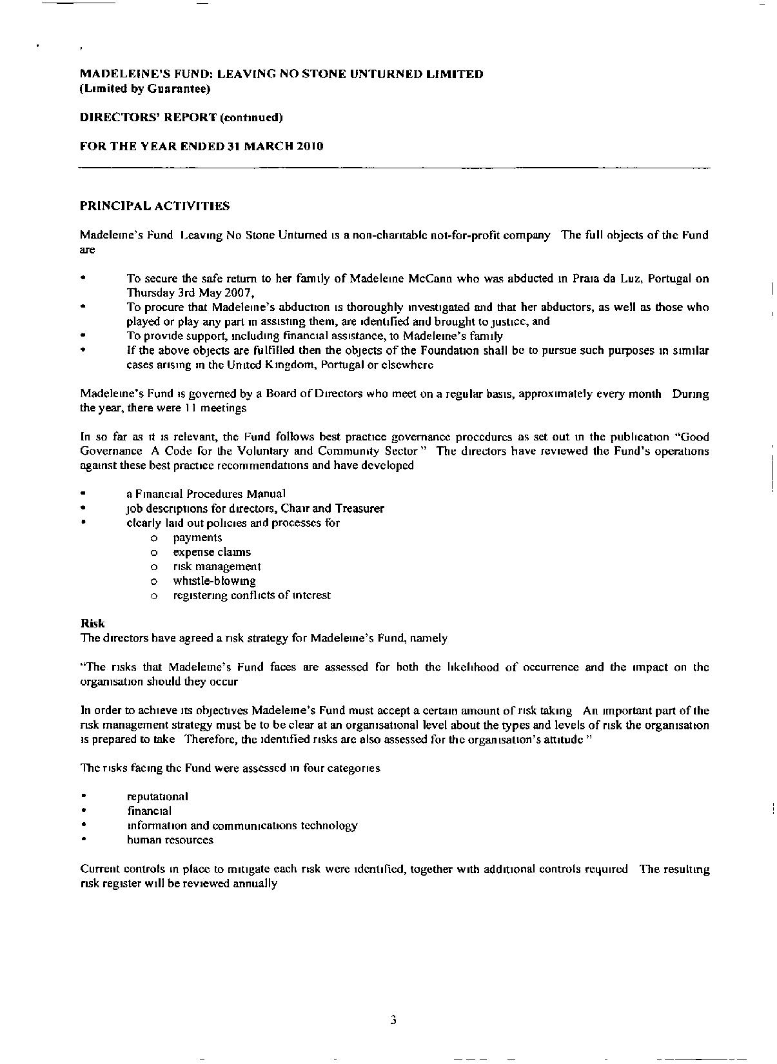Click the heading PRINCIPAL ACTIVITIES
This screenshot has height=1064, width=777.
pyautogui.click(x=155, y=206)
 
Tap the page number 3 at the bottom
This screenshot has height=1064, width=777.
pyautogui.click(x=393, y=1020)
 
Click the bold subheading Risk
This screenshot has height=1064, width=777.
pyautogui.click(x=92, y=624)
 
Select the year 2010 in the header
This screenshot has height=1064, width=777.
pyautogui.click(x=310, y=146)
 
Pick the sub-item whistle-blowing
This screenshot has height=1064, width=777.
pyautogui.click(x=214, y=580)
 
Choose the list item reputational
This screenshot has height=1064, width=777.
pyautogui.click(x=157, y=796)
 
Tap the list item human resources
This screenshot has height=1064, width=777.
pyautogui.click(x=170, y=840)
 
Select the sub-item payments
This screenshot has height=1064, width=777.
pyautogui.click(x=197, y=537)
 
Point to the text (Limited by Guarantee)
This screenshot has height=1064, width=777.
pyautogui.click(x=145, y=89)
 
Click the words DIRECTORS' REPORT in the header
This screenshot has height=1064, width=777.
pyautogui.click(x=148, y=117)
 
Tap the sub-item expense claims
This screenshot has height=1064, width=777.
pyautogui.click(x=211, y=552)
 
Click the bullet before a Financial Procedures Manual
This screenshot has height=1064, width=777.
pyautogui.click(x=83, y=494)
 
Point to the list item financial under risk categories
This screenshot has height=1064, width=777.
pyautogui.click(x=149, y=811)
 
